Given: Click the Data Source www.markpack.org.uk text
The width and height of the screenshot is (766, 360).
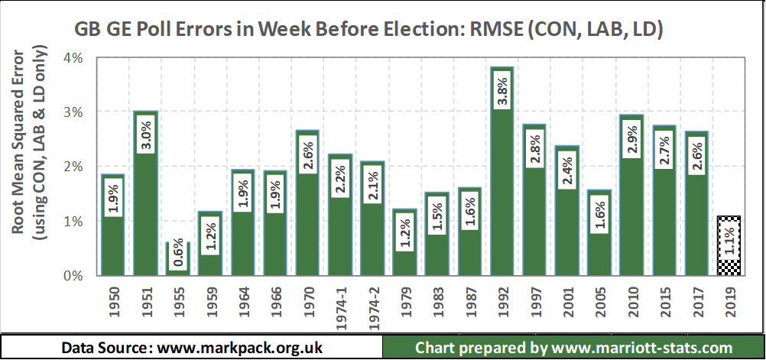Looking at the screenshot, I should coord(192,348).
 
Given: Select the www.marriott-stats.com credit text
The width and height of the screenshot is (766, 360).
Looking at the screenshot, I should coord(573,348).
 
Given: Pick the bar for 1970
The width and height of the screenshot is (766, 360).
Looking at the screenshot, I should coord(309,222).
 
